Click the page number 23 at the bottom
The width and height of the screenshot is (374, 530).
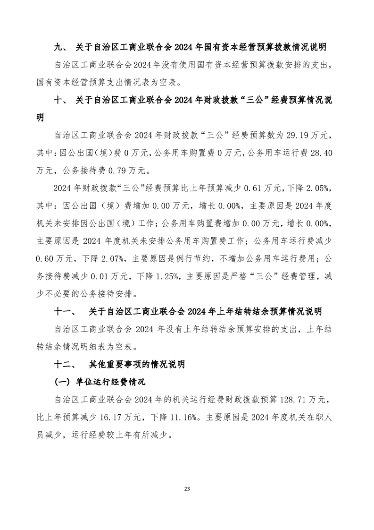(x=187, y=487)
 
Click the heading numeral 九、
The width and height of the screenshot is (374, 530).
(x=61, y=47)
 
